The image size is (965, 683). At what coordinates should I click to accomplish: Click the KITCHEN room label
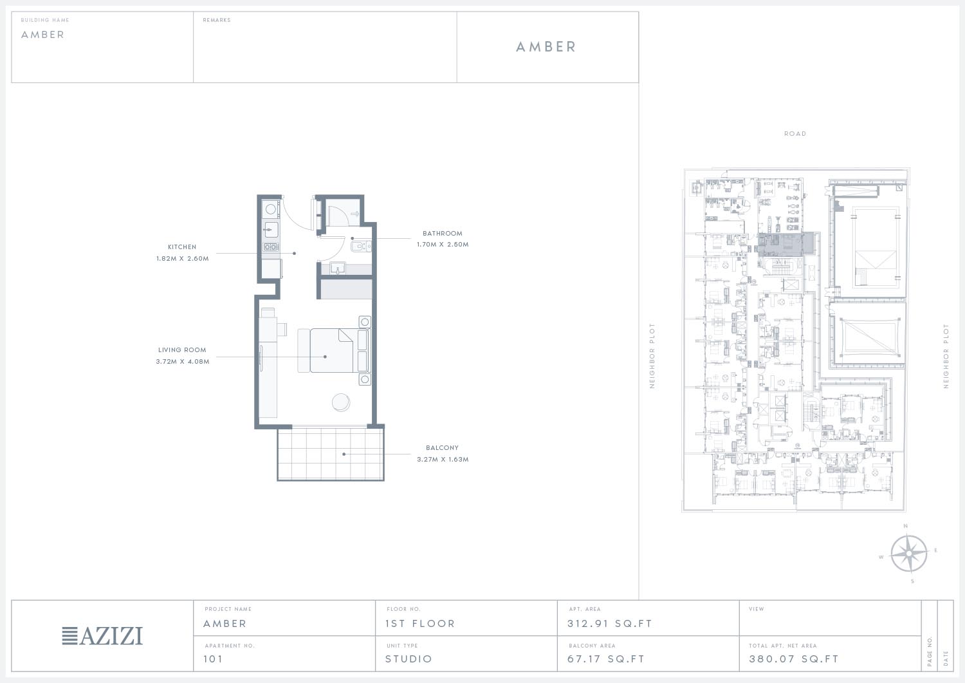182,247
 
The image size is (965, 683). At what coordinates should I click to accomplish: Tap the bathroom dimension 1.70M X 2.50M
443,245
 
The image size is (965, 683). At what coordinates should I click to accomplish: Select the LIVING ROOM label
182,350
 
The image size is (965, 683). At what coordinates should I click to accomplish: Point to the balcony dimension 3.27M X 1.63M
443,460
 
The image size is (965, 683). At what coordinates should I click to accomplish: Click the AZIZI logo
102,636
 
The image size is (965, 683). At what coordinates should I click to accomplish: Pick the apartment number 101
213,659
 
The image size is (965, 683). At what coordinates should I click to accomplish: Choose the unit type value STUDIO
409,659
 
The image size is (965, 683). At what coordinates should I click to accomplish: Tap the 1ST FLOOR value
420,624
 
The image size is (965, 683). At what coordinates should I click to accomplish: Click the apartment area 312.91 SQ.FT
610,624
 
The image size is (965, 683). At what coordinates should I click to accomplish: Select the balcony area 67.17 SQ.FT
606,659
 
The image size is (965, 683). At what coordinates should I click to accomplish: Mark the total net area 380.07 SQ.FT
793,659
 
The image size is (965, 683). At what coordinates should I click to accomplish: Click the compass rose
908,553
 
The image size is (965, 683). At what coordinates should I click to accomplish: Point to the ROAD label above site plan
795,134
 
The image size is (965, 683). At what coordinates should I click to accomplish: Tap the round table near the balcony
341,402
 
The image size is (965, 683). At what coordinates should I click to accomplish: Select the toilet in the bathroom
360,247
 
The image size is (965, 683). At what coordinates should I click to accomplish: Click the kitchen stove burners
270,247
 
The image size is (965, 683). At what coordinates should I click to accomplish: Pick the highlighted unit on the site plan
786,245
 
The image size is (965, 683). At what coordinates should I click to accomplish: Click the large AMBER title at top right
546,47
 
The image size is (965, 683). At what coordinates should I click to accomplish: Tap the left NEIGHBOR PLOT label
652,356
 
